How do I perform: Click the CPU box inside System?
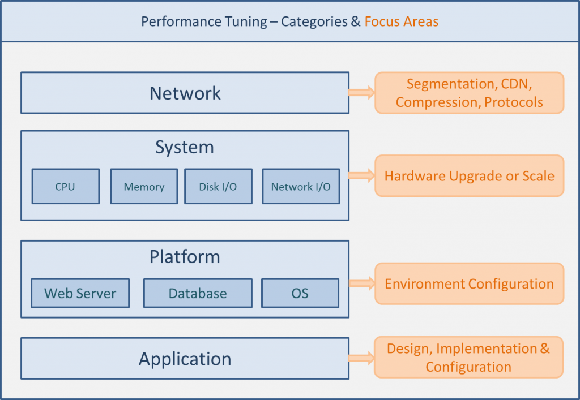point(66,186)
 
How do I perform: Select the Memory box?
point(144,186)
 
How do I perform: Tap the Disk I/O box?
point(218,186)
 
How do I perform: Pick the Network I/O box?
point(301,186)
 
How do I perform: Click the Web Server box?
point(80,293)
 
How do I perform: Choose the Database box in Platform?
point(198,293)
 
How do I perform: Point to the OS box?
point(300,293)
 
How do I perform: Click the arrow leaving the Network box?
point(361,92)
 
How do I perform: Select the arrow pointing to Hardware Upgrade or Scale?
point(361,175)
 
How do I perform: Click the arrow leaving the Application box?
point(361,358)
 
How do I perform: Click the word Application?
point(185,359)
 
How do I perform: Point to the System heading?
point(185,147)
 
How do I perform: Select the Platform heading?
point(185,257)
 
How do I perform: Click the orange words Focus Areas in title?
point(402,21)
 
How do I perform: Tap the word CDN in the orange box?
point(517,84)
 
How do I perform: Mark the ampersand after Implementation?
point(545,349)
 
